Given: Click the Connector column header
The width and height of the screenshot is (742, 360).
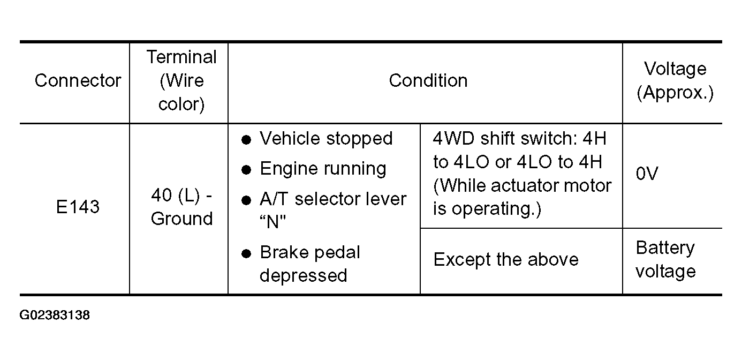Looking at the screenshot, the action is [x=78, y=80].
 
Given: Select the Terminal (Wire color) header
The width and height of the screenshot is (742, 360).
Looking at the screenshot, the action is [x=181, y=80].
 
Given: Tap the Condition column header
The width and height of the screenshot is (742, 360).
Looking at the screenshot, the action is [x=428, y=80].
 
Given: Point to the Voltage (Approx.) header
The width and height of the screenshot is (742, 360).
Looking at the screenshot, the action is [x=675, y=80].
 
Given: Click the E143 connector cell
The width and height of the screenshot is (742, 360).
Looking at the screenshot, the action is [x=78, y=207].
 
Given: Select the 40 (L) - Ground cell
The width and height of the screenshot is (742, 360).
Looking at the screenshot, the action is [x=181, y=207].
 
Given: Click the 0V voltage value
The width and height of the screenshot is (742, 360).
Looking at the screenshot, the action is [x=647, y=174].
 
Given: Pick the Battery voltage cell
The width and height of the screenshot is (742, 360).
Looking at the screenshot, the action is [x=665, y=259].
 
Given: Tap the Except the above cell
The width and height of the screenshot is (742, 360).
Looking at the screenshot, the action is [x=506, y=259].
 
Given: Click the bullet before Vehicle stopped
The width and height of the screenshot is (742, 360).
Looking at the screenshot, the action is [x=246, y=140].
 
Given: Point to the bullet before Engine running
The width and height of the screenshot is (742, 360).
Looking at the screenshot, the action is [x=246, y=170].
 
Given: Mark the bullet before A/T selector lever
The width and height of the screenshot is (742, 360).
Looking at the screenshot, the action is [x=246, y=200].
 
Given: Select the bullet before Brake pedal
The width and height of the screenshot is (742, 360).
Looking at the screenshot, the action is [x=246, y=253].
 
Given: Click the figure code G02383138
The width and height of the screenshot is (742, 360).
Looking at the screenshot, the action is [x=55, y=315].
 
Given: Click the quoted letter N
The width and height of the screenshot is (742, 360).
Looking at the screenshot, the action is [x=272, y=222].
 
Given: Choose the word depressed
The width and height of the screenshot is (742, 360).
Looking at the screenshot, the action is [x=304, y=275].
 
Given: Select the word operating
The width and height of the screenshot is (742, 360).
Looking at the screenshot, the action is [x=496, y=209].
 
